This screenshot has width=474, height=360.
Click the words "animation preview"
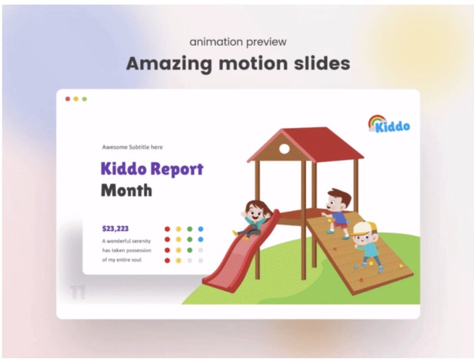tap(238, 42)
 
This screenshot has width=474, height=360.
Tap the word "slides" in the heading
tap(323, 63)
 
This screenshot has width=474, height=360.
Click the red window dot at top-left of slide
tap(67, 99)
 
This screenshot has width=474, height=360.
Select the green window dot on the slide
tap(84, 99)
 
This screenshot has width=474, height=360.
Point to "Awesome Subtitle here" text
tap(132, 147)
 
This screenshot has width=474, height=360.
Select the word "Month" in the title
tap(126, 191)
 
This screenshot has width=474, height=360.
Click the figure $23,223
tap(115, 228)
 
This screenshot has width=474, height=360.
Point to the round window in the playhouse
tap(285, 149)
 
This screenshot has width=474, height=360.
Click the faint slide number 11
tap(77, 293)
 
